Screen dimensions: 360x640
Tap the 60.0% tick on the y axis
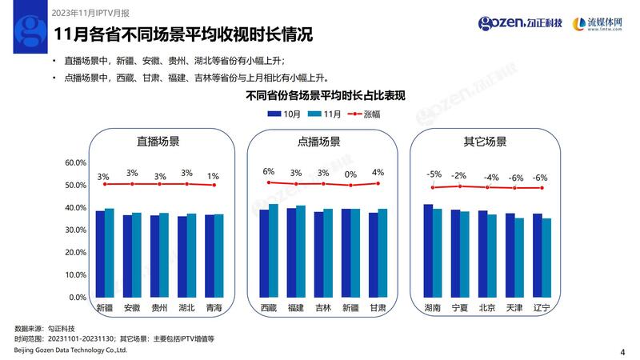[75, 162]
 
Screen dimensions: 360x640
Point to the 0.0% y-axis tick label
[77, 297]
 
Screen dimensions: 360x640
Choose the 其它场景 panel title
[485, 142]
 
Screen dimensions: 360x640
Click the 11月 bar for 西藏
[274, 250]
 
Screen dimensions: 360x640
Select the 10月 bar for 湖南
[428, 250]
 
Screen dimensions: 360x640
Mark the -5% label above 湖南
[434, 174]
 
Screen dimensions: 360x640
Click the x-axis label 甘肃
[378, 308]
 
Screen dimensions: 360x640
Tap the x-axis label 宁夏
[460, 308]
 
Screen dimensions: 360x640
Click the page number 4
[622, 350]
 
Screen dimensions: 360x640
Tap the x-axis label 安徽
[132, 308]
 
